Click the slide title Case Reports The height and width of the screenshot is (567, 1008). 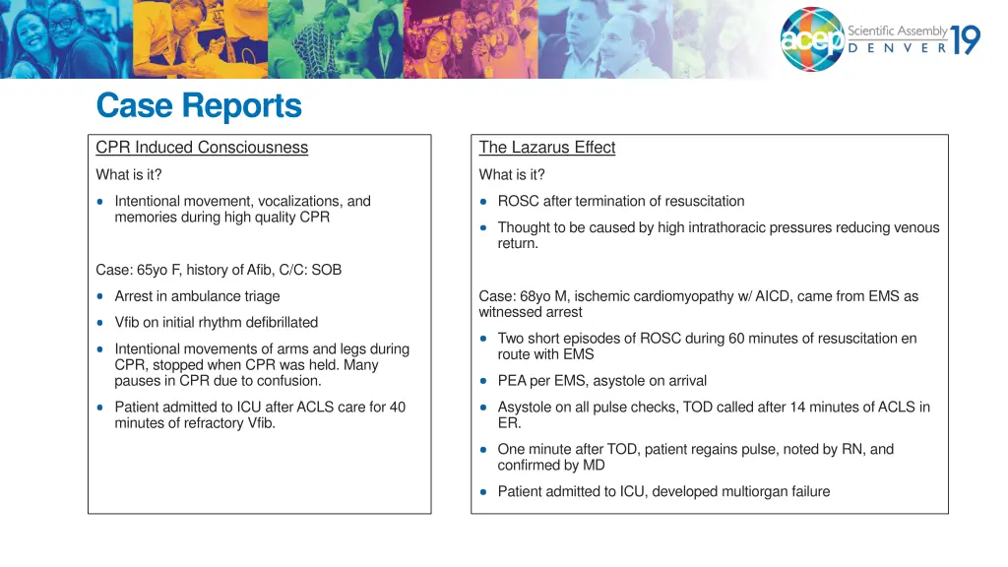(199, 105)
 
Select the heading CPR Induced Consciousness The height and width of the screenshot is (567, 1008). (202, 148)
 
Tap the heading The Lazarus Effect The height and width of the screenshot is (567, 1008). (546, 148)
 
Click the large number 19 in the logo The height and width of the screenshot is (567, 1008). (966, 39)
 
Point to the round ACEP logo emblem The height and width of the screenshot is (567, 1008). (812, 40)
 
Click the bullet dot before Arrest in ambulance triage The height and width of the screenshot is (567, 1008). (101, 296)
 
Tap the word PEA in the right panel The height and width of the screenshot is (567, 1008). (512, 381)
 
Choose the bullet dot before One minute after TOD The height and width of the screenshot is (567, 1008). (484, 450)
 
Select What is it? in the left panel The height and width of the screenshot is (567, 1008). (129, 175)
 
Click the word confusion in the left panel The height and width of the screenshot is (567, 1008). (285, 381)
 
